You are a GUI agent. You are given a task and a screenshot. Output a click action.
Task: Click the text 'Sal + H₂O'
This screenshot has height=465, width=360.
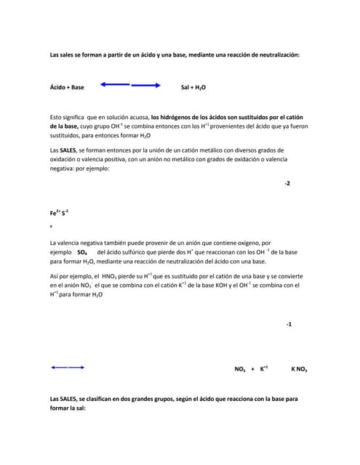(193, 87)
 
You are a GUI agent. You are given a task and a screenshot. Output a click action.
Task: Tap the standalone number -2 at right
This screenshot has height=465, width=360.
(287, 183)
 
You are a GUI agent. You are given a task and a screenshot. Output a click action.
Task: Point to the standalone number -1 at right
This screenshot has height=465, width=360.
(288, 323)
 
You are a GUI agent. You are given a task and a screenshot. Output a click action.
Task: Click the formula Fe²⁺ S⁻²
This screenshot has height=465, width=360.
(59, 213)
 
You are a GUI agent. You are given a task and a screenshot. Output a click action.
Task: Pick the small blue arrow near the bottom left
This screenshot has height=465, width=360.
(68, 368)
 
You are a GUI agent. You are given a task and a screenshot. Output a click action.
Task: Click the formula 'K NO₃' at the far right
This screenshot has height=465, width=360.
(299, 369)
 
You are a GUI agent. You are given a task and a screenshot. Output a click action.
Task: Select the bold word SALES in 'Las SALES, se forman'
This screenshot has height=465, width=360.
(68, 150)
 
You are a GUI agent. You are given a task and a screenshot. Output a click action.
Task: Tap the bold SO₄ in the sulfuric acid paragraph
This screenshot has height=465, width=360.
(82, 252)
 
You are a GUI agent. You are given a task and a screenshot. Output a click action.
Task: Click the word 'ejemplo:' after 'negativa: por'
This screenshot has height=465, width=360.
(97, 168)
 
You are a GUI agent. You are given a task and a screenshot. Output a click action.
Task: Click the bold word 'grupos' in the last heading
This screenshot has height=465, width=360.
(184, 399)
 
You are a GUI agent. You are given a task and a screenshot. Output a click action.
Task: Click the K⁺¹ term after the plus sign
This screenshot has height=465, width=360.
(264, 369)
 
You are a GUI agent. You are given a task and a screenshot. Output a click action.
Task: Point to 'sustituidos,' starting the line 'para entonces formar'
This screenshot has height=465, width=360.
(68, 135)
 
